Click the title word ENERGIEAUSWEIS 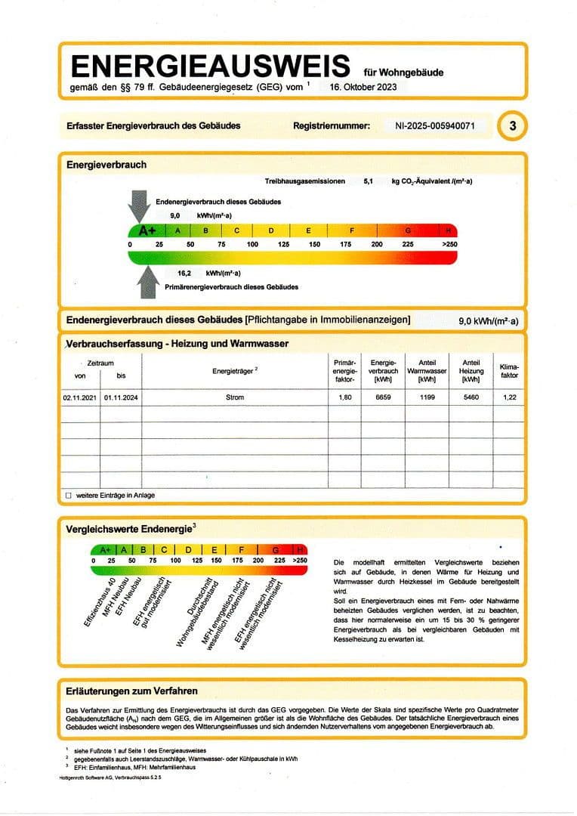click(210, 66)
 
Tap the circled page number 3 click(513, 125)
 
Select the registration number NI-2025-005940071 click(435, 125)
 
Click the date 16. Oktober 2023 click(363, 87)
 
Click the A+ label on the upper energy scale click(147, 230)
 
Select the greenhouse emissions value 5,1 click(369, 181)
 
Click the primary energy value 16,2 click(185, 273)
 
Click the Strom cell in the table click(235, 397)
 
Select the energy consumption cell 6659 click(383, 397)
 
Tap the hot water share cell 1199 click(427, 397)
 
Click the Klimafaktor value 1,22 click(509, 397)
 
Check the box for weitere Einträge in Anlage click(69, 496)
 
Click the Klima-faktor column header click(509, 371)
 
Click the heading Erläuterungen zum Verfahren click(132, 691)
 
